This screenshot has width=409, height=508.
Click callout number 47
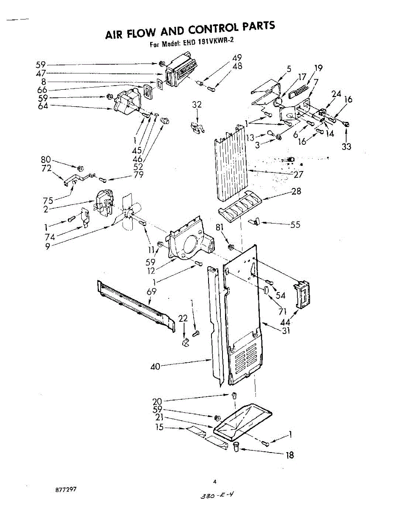41,73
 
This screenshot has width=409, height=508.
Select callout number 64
43,106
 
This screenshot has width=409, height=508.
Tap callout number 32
197,105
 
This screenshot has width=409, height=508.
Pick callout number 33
347,147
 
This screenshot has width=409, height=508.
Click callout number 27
298,174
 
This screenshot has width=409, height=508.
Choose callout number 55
295,224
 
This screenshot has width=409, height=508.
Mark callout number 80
45,160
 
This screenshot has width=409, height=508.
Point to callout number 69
151,292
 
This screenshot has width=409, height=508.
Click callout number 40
156,367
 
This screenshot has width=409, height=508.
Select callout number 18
290,456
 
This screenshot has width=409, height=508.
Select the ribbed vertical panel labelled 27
231,167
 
